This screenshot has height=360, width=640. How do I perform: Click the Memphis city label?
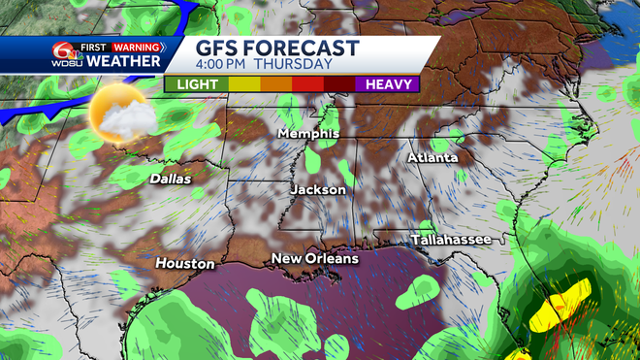(x=307, y=133)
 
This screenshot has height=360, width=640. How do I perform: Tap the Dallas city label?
(x=171, y=179)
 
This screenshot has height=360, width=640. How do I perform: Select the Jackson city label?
(x=318, y=190)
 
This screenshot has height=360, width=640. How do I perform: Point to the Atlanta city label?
(x=433, y=157)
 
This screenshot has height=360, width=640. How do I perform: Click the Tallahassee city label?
(x=444, y=239)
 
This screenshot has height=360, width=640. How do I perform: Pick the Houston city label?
(x=185, y=263)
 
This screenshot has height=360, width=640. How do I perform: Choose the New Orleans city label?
(x=314, y=258)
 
